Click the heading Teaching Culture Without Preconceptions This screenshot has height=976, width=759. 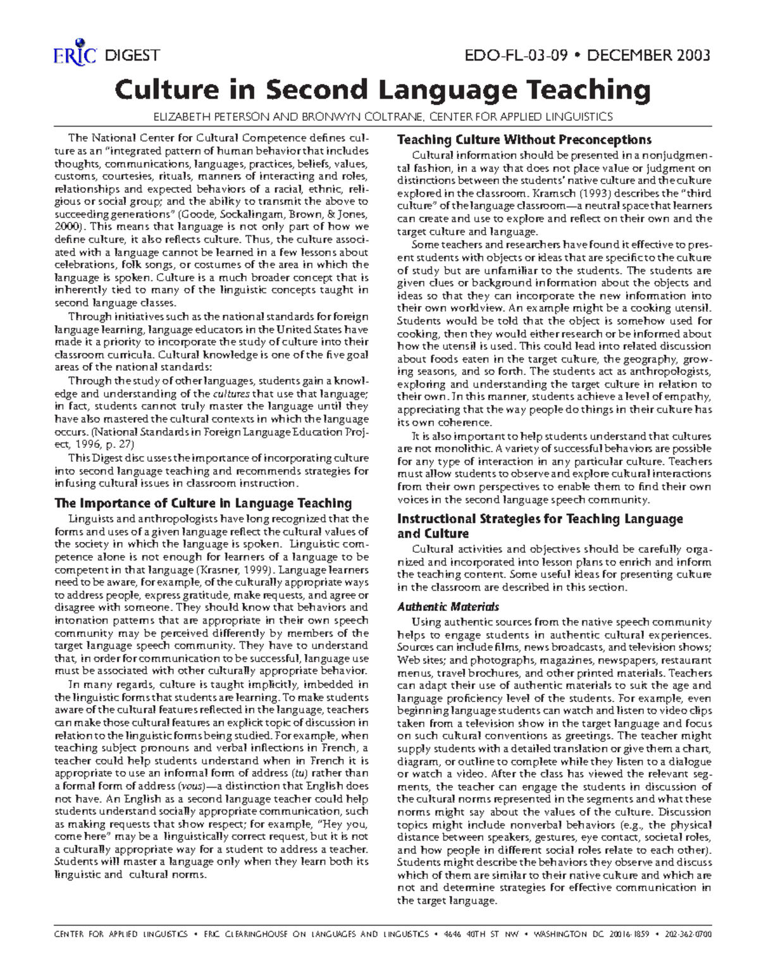pos(524,140)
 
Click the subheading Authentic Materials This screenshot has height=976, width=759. pos(448,607)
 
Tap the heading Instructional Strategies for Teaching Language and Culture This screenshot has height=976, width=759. pos(540,526)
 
